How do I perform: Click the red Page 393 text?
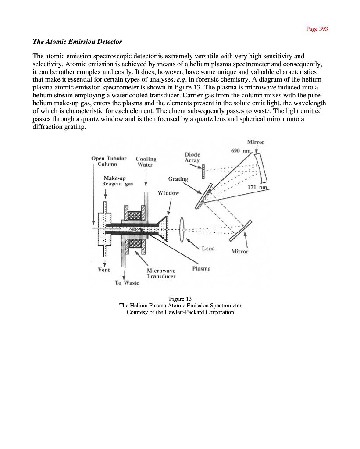[317, 29]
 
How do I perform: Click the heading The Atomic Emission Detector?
[77, 42]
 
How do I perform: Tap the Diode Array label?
[192, 157]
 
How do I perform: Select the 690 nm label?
[240, 151]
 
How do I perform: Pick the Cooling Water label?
[146, 162]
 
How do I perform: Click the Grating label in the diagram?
[178, 179]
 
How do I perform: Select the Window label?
[168, 193]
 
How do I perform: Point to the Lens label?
[208, 249]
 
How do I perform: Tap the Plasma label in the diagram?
[201, 268]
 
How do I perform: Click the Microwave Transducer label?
[161, 274]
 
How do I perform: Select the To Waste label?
[127, 283]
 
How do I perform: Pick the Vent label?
[103, 270]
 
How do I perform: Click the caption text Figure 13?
[180, 299]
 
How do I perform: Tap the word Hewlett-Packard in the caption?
[180, 312]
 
